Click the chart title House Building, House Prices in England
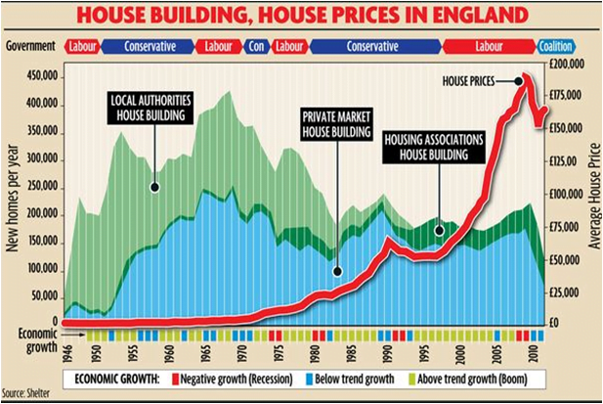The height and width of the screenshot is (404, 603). coord(301,17)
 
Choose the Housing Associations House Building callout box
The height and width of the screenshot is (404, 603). coord(435,147)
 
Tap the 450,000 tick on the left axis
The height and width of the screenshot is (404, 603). coord(36,75)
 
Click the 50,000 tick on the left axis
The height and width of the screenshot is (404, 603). coord(39,294)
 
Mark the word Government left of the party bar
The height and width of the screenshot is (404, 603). coord(29,46)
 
